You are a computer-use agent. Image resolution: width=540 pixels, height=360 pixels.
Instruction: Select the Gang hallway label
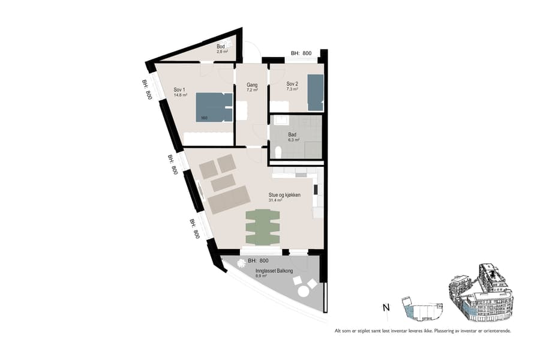[252, 85]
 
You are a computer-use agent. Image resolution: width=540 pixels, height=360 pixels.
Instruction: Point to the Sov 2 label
[292, 83]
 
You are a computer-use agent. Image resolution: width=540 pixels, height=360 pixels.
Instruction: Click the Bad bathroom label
[292, 134]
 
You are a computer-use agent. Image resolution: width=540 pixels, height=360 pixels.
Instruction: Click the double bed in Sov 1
[214, 107]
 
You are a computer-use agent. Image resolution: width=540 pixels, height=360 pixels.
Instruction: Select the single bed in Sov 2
[316, 92]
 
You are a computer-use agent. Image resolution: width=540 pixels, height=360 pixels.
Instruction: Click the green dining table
[263, 227]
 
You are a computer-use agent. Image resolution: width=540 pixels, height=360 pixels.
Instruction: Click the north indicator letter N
[386, 308]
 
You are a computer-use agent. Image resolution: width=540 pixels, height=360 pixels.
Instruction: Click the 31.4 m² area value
[276, 200]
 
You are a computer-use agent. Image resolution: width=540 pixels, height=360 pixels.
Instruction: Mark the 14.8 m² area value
[181, 95]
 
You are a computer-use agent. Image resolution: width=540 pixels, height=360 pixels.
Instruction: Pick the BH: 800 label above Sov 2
[301, 54]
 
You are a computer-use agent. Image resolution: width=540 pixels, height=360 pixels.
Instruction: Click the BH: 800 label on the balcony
[258, 261]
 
